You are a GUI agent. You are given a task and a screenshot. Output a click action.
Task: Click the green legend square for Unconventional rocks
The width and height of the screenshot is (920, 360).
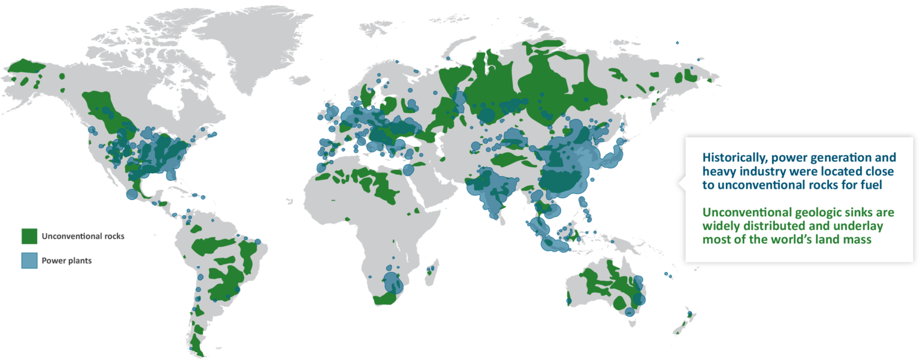29,236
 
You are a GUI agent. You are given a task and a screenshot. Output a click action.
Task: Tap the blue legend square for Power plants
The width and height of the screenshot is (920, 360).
29,261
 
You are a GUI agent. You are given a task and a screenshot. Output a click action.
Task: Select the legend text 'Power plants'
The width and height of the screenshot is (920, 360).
66,261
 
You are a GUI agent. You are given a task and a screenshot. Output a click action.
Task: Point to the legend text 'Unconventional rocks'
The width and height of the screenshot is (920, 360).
83,236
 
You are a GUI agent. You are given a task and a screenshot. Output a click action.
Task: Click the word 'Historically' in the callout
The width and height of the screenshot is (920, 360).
728,158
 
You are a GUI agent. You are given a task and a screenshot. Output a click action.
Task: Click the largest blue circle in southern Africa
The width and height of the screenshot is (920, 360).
392,282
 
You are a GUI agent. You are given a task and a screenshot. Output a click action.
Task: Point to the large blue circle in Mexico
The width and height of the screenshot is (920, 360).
132,194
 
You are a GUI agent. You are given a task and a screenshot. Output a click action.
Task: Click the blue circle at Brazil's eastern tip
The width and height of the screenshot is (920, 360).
258,241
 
